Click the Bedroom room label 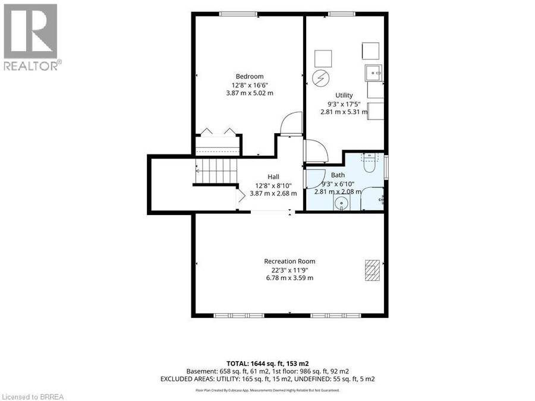250,77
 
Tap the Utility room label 344,95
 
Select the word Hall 273,176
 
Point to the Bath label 338,175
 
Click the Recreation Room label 289,261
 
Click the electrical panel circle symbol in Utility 321,78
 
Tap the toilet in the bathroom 369,163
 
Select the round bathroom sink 341,204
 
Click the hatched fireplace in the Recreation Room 372,270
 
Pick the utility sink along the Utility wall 373,73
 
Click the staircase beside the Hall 216,172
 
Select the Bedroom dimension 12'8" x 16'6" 250,85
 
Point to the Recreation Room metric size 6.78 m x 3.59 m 289,278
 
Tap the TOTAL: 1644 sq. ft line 268,364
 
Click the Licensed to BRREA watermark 33,397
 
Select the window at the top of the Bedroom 238,14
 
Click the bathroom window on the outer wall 386,167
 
